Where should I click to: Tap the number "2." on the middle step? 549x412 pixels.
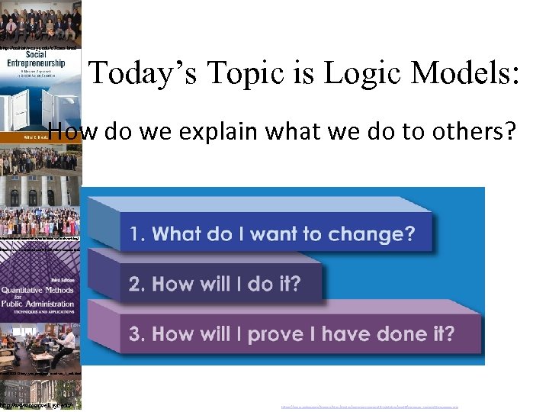[x=138, y=284]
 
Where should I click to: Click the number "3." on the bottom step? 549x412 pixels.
[x=138, y=333]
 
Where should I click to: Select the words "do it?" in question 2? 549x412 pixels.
[x=274, y=284]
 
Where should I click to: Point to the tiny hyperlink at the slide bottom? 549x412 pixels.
[x=369, y=407]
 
